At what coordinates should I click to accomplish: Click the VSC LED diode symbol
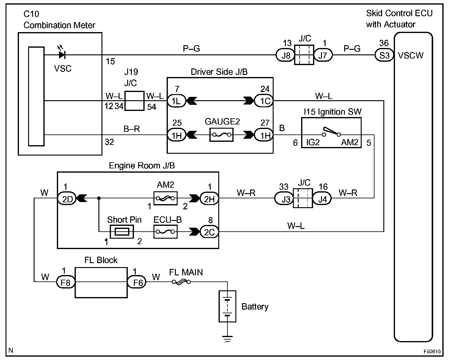click(62, 55)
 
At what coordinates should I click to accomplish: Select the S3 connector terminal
click(384, 55)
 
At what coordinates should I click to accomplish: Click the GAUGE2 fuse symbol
click(221, 135)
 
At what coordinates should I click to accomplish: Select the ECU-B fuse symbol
click(165, 232)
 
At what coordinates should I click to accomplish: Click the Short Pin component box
click(121, 232)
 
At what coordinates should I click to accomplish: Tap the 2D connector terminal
click(67, 199)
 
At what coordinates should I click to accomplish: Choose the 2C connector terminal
click(209, 232)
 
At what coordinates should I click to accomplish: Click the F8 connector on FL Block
click(65, 282)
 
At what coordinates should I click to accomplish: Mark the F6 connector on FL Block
click(137, 282)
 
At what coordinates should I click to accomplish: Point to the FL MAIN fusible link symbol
click(181, 282)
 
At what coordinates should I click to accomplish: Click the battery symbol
click(227, 306)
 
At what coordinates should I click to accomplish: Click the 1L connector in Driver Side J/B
click(176, 101)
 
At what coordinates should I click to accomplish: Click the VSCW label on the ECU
click(411, 56)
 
